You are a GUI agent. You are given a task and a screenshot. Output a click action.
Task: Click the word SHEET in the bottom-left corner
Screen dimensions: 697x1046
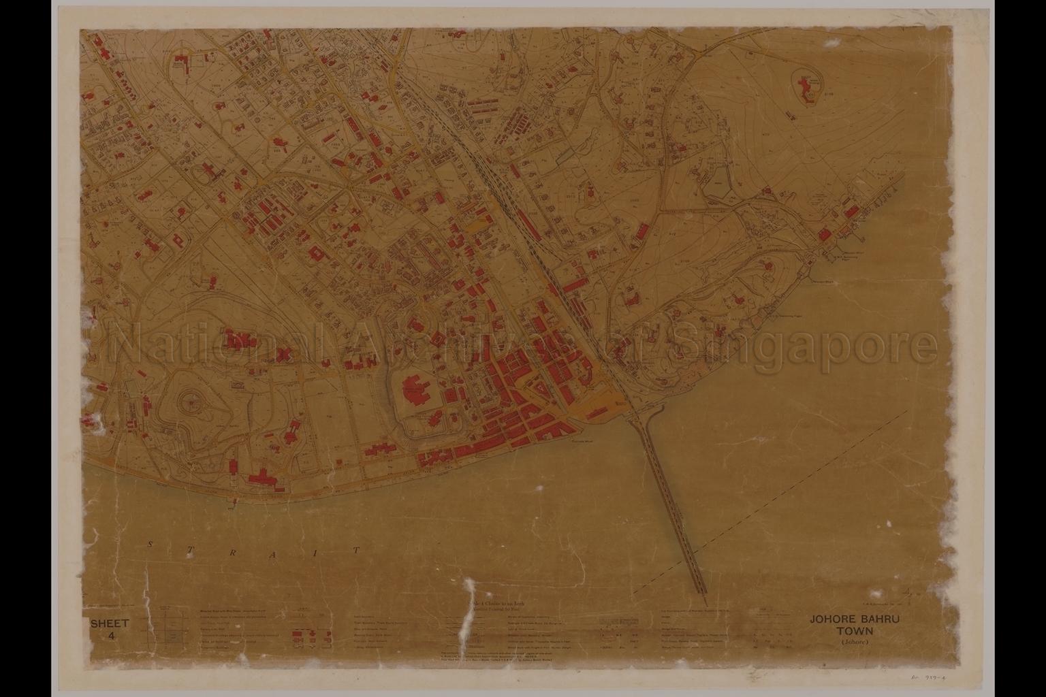pos(110,623)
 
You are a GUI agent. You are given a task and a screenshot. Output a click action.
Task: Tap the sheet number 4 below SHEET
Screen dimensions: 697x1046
pos(110,636)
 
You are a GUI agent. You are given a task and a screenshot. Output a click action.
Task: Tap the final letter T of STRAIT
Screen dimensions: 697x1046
pos(357,549)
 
